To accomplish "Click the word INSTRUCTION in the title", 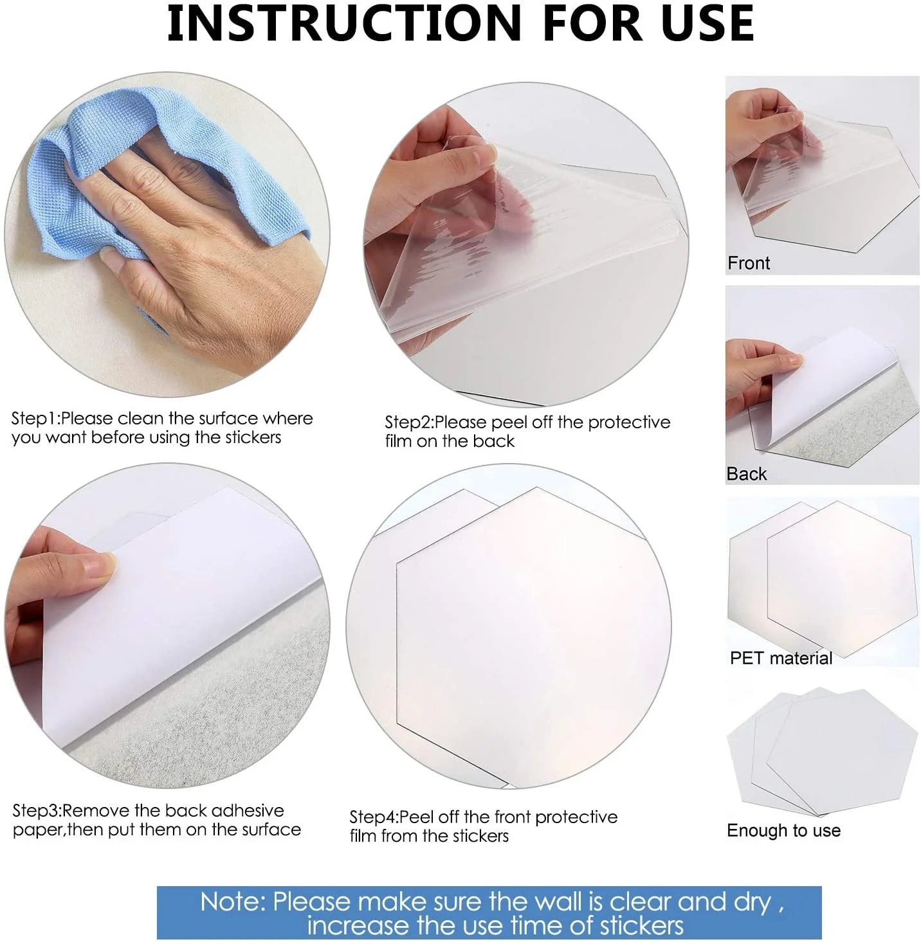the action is [343, 23].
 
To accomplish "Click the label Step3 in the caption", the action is [35, 811].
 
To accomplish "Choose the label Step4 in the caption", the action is [372, 817].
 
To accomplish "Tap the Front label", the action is [749, 263].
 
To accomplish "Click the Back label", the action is [746, 474].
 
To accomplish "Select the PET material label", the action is [781, 658].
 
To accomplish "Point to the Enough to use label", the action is [783, 830].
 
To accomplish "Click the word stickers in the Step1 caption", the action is [253, 437].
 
